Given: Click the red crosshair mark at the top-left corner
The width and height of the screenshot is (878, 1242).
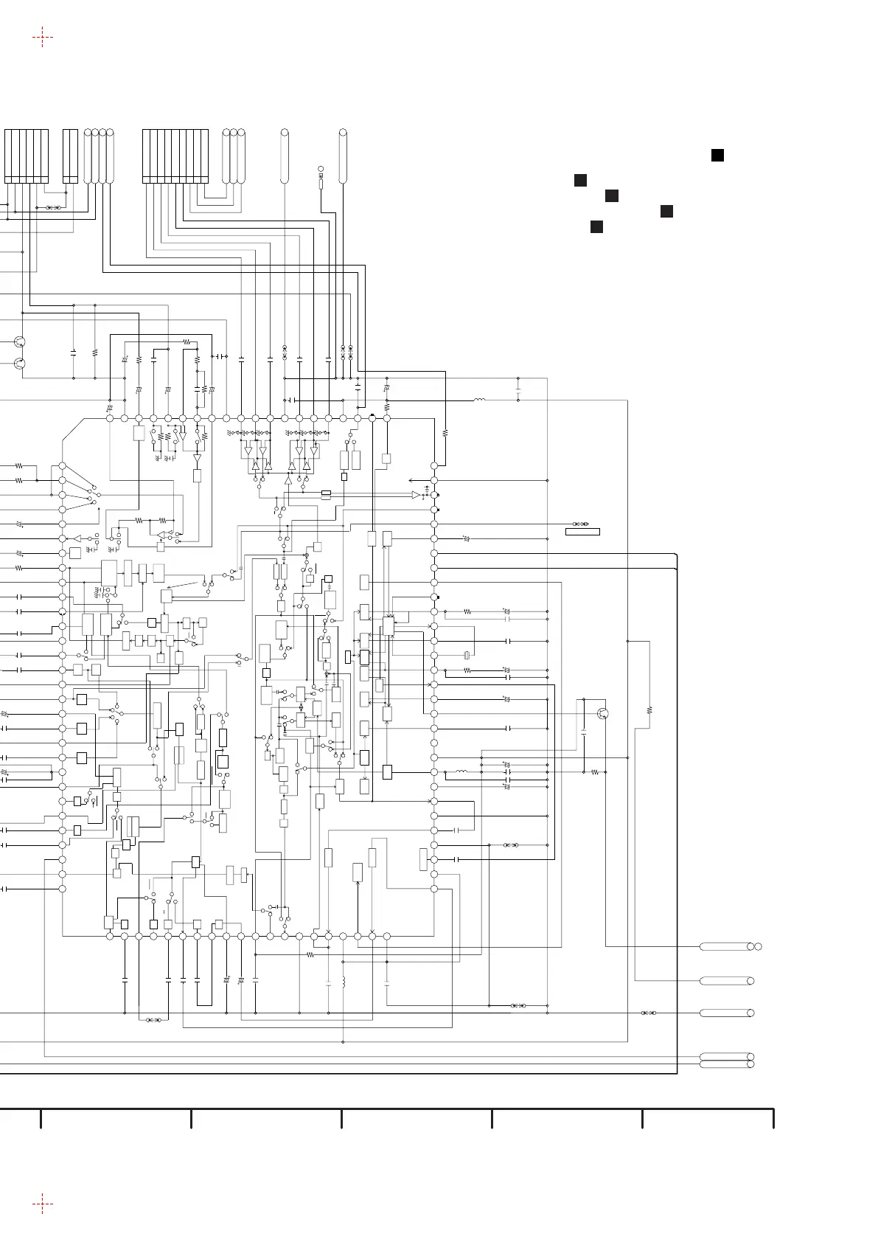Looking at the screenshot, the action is coord(42,37).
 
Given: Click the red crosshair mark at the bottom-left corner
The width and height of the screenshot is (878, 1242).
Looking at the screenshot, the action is coord(42,1204).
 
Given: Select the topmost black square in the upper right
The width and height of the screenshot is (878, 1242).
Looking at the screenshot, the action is coord(717,154).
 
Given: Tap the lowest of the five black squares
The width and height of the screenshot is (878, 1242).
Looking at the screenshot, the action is coord(597,226).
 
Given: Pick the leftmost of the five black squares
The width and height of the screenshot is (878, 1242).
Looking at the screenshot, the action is coord(580,180).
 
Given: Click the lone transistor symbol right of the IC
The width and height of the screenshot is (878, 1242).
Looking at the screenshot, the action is coord(604,713).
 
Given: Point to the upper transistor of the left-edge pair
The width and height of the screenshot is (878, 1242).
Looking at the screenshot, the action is coord(20,342).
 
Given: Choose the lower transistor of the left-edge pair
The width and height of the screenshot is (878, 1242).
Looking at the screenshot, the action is coord(20,363).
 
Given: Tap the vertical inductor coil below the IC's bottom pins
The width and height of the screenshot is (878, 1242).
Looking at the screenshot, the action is coord(344,983).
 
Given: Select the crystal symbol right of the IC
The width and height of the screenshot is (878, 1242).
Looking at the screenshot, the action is coord(466,656).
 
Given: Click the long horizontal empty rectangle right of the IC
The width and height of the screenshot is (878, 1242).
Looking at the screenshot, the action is coord(582,532).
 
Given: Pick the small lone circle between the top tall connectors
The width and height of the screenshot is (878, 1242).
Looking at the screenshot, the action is coord(321,170).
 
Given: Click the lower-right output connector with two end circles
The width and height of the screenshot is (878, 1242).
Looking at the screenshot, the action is coord(726,1061).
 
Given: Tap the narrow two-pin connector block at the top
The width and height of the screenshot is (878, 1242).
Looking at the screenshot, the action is coord(70,156).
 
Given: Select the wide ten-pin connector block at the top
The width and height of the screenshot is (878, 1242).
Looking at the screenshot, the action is coord(175,156).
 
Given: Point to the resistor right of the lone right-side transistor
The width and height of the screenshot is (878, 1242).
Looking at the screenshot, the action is coord(649,710).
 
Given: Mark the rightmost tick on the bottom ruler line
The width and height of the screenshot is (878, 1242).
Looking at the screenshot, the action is coord(773,1117).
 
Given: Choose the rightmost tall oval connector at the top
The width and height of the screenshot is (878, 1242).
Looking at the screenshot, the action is coord(343,156).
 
